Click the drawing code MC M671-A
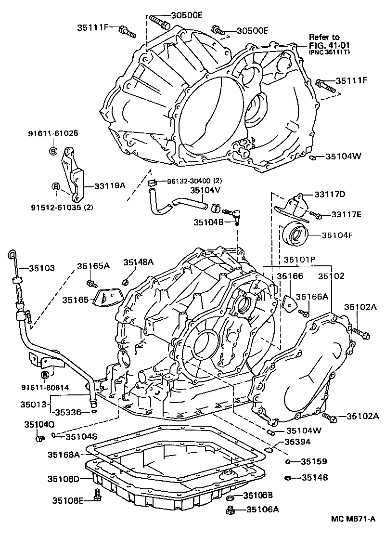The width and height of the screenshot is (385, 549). [x=353, y=519]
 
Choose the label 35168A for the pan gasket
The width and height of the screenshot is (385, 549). [x=64, y=454]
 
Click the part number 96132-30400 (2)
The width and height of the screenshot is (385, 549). [x=194, y=181]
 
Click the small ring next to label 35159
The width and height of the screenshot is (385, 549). [x=287, y=462]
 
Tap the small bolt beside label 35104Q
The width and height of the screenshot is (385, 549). [x=39, y=438]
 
